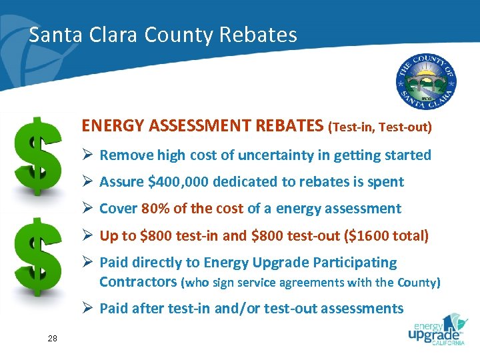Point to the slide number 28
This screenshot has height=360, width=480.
53,339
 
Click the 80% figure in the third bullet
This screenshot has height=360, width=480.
155,209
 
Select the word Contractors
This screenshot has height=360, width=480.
138,281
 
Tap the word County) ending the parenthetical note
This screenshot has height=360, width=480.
418,282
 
